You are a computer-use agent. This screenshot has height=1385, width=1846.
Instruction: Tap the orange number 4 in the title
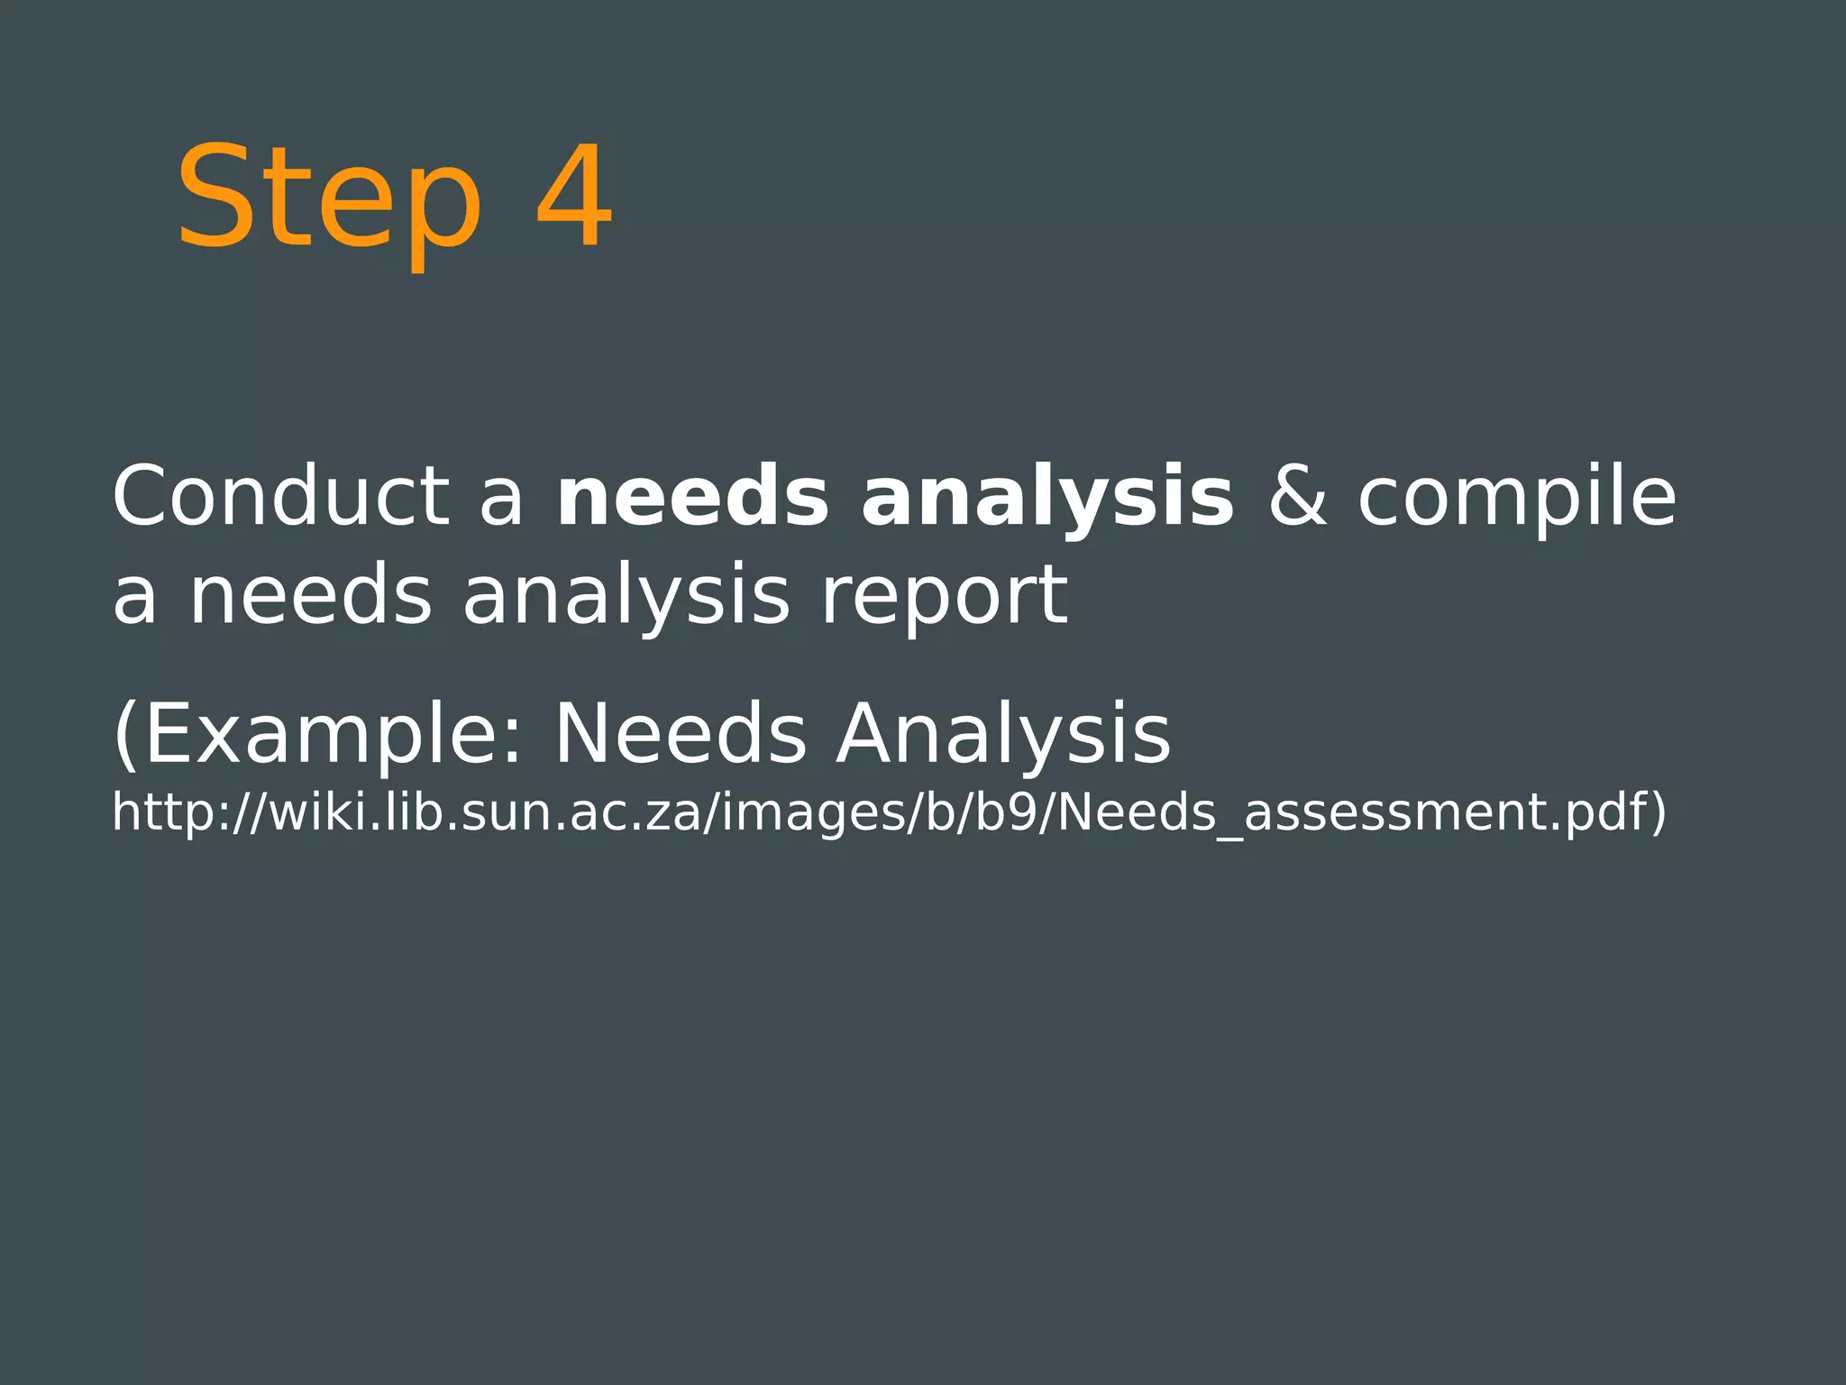[574, 196]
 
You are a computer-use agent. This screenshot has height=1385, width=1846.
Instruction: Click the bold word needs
[692, 497]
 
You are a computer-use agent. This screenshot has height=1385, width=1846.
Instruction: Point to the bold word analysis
[1047, 499]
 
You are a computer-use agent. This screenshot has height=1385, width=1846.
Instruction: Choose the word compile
[1516, 499]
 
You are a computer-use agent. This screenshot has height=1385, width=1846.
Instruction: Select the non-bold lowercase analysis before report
[626, 597]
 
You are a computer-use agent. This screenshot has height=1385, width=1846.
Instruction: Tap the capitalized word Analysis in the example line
[1002, 735]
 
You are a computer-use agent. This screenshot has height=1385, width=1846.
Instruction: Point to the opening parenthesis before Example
[124, 735]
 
